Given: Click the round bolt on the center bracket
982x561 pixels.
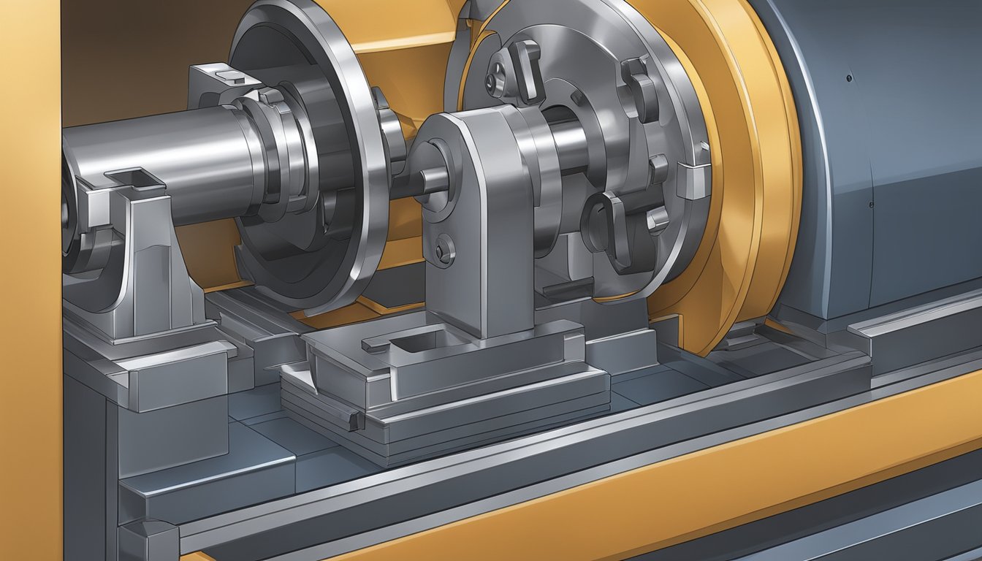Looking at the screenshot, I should (x=444, y=250).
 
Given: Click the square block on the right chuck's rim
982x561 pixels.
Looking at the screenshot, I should (x=693, y=180).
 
